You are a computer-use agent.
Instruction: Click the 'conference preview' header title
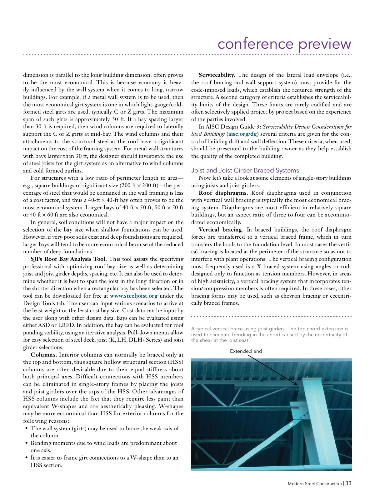284,44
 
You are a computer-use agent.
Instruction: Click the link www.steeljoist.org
133,296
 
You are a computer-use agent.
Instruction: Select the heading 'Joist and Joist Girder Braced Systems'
245,170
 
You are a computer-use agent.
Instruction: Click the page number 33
348,483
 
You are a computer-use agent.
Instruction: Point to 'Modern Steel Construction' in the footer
315,484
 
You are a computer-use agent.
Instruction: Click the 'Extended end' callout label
246,351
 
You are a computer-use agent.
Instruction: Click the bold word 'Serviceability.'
217,75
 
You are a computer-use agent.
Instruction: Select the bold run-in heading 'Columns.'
44,355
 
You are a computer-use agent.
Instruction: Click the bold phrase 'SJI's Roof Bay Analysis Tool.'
69,259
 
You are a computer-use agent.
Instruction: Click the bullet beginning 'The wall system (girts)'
104,432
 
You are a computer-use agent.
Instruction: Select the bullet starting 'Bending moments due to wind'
103,446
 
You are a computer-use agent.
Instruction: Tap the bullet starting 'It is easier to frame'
104,461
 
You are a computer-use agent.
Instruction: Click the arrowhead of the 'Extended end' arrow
297,384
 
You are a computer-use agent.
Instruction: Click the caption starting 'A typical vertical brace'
269,334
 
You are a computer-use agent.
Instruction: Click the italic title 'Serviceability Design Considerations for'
307,127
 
